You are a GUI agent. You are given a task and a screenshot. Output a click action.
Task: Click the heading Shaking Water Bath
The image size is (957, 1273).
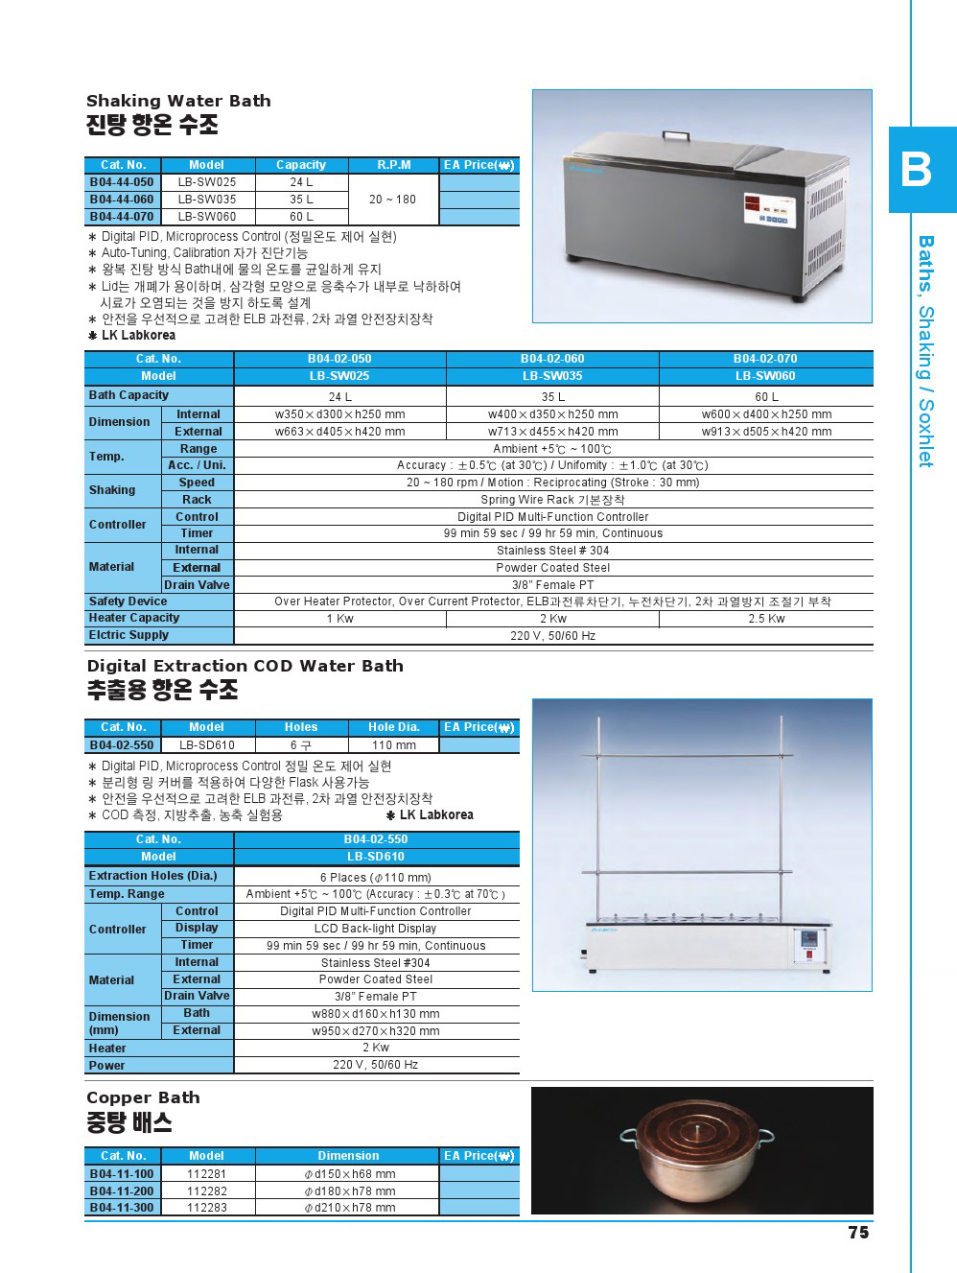coord(178,101)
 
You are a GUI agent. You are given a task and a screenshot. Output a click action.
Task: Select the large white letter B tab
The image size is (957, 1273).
coord(918,170)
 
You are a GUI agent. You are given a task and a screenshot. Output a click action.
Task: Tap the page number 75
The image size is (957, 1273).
coord(858,1233)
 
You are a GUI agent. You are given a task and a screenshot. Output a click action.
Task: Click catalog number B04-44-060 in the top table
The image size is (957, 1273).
coord(122,200)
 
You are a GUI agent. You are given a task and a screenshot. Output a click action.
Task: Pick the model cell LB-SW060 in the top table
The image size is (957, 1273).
coord(206,217)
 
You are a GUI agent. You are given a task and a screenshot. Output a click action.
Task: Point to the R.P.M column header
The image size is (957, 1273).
coord(394,165)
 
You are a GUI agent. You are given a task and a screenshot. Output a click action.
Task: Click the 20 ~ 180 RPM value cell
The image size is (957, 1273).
coord(393,200)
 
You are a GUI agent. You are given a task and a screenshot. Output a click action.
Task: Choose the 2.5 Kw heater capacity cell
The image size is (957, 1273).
coord(766,619)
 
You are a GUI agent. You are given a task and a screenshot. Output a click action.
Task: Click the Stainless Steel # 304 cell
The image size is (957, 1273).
coord(552,551)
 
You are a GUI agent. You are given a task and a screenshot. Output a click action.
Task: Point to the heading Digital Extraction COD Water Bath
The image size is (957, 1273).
coord(245,666)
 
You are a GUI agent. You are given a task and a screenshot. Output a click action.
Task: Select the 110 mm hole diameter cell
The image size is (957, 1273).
coord(393,745)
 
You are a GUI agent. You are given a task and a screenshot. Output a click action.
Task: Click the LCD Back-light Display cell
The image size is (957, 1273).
coord(375,929)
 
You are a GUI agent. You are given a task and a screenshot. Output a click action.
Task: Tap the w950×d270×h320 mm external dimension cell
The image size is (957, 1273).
coord(375,1031)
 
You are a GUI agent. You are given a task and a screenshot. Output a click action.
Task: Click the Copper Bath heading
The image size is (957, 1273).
coord(143,1097)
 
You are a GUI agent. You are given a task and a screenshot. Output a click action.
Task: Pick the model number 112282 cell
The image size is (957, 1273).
coord(206,1191)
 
